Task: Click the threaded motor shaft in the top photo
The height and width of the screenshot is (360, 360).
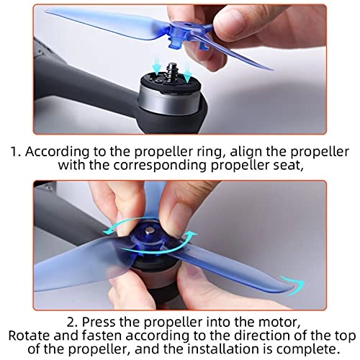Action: pos(171,70)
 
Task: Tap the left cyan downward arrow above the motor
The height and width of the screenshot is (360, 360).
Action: pos(157,66)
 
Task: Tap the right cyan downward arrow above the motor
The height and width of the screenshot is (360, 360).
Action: pos(187,71)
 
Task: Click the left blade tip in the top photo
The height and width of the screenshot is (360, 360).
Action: pos(48,11)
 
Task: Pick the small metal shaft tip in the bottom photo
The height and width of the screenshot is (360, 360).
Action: pos(150,231)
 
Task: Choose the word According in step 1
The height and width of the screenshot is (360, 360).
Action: pos(57,152)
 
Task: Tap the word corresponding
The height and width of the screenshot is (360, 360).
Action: pos(159,166)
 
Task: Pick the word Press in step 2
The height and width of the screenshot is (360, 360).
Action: pos(99,323)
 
